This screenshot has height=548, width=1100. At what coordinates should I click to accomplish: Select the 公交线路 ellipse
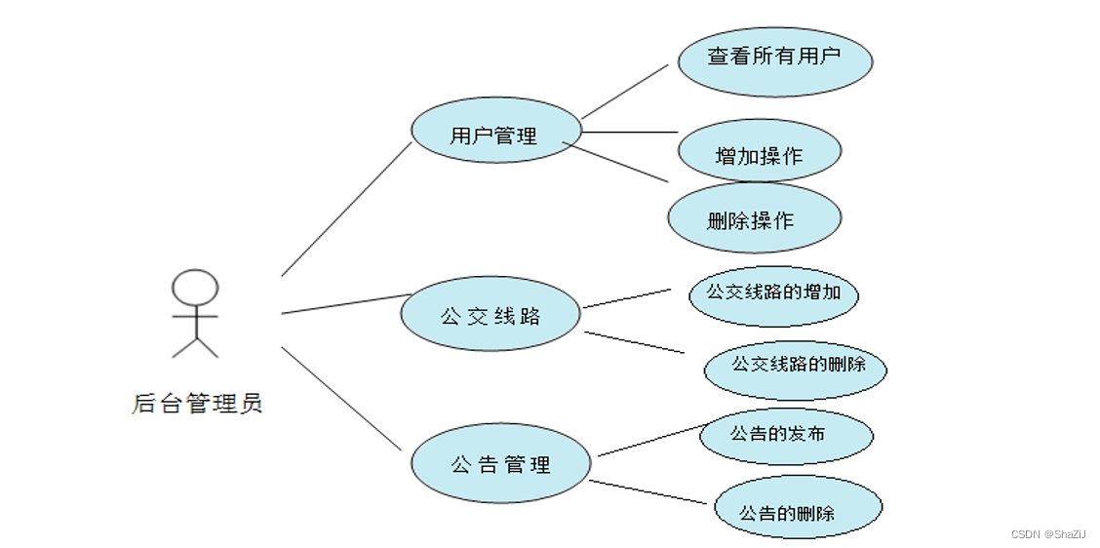tap(491, 314)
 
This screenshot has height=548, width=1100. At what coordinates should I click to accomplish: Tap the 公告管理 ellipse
tap(500, 463)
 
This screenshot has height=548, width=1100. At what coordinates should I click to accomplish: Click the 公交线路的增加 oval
tap(773, 293)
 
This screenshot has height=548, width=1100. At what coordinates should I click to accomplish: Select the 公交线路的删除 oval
tap(795, 366)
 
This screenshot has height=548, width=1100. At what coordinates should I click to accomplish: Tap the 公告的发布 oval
tap(785, 434)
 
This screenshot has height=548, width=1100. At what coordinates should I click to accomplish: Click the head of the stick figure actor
tap(195, 289)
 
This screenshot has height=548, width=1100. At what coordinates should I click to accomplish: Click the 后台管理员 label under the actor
tap(197, 403)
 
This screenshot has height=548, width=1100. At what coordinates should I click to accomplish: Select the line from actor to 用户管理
tap(346, 209)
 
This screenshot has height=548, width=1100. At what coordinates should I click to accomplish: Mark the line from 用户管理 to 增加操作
tap(629, 131)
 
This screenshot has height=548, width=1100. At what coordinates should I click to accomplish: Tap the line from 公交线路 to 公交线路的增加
tap(627, 297)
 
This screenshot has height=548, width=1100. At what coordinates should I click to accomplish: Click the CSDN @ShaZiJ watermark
tap(1047, 533)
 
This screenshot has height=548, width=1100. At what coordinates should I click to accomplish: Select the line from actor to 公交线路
tap(346, 303)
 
